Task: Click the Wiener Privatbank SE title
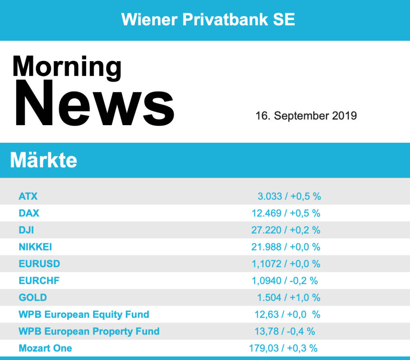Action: (x=208, y=19)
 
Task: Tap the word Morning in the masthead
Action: (x=67, y=66)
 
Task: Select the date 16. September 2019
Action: (x=306, y=116)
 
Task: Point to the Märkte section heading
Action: (x=43, y=160)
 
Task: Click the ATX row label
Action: (x=28, y=196)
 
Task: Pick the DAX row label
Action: (x=29, y=213)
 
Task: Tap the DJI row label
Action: (x=26, y=230)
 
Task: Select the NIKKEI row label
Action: (x=35, y=247)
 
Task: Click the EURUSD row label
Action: (x=39, y=264)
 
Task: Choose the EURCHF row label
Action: (x=39, y=281)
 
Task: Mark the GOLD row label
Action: (x=33, y=298)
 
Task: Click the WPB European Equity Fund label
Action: (x=84, y=314)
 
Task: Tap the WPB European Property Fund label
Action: (x=89, y=331)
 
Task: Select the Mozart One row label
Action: (x=45, y=348)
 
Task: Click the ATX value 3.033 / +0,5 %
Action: (x=289, y=196)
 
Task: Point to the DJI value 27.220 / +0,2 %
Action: (x=286, y=230)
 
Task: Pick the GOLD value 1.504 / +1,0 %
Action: (x=289, y=298)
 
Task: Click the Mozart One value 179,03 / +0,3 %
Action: (x=283, y=348)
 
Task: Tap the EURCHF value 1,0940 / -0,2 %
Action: (x=285, y=281)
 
